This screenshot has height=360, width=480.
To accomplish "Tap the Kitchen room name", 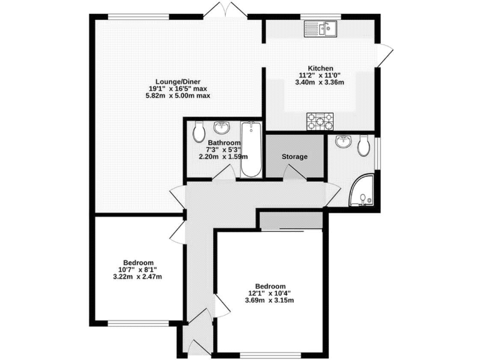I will [321, 68].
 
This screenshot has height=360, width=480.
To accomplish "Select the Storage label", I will [294, 156].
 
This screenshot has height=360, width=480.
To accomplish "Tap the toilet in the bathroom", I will [198, 131].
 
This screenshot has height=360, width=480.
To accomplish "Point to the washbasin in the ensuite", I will [342, 141].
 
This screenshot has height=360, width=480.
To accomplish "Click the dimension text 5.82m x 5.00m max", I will [178, 96].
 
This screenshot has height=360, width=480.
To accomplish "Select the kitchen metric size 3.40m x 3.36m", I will [321, 82].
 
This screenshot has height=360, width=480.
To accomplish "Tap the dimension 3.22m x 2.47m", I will [138, 277].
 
